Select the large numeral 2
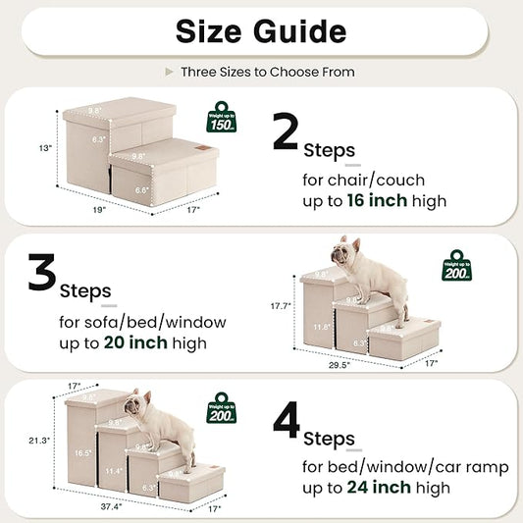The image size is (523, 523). [286, 133]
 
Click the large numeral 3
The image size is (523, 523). [41, 276]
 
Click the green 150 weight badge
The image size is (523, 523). [223, 118]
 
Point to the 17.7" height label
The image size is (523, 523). [281, 306]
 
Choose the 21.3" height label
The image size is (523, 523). [35, 440]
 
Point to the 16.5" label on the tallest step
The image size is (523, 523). [83, 453]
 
